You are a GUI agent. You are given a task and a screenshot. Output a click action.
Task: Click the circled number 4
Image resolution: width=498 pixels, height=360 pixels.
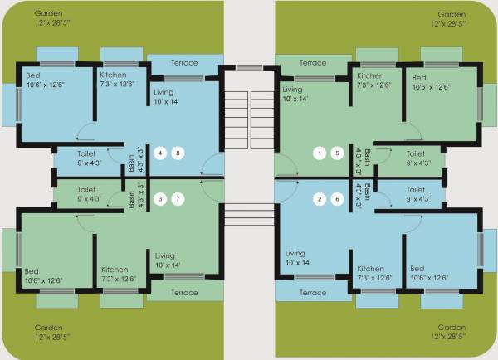161,153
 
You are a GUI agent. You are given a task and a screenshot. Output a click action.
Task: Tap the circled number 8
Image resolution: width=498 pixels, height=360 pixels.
177,153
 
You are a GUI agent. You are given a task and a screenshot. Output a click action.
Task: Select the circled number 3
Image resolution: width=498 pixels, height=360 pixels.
161,199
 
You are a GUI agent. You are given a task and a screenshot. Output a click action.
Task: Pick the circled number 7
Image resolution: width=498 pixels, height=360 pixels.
177,199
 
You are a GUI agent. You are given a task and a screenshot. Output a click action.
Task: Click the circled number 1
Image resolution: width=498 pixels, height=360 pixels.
320,153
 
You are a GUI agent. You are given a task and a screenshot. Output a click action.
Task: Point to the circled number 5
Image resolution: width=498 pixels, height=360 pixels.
336,153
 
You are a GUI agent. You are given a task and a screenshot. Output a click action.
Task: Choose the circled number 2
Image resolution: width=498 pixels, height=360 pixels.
320,199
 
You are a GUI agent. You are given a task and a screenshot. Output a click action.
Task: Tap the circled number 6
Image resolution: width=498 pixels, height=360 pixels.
336,199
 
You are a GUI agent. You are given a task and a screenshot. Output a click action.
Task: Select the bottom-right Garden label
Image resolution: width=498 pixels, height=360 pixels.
452,328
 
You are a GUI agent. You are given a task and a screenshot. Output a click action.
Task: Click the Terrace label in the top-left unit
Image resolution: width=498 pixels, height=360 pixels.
184,63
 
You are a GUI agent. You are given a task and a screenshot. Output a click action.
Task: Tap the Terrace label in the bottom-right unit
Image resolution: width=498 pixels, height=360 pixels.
312,293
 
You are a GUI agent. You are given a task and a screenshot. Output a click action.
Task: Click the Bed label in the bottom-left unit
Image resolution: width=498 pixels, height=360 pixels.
32,270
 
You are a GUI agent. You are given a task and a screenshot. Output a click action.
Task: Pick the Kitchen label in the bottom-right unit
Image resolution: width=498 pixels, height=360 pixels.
370,269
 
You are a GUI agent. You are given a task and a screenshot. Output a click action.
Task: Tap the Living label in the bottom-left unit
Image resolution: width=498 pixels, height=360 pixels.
165,255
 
